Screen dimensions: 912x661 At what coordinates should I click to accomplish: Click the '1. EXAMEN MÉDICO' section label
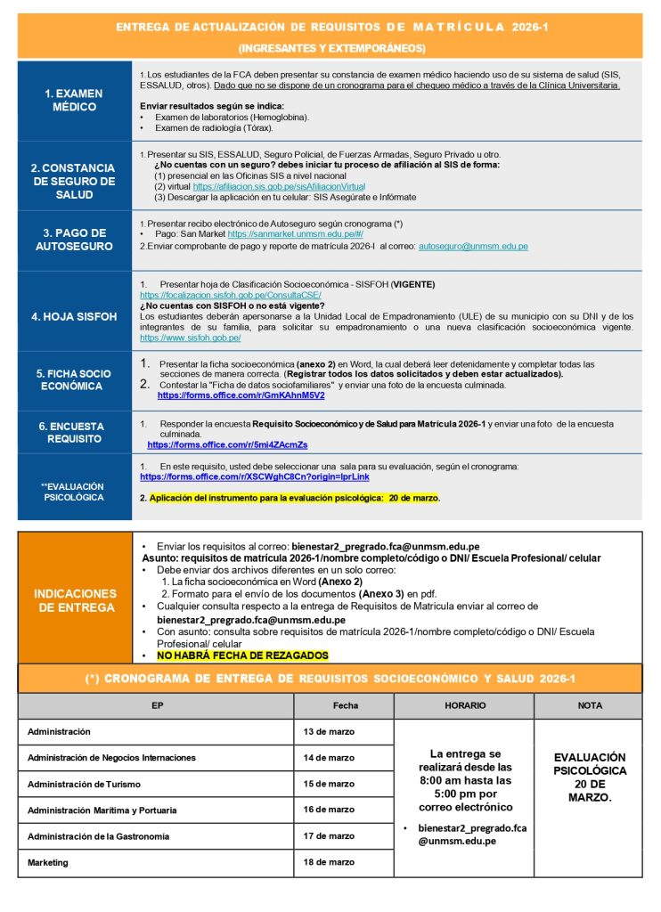point(74,100)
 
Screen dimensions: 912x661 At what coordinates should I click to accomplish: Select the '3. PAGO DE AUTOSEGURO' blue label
point(74,240)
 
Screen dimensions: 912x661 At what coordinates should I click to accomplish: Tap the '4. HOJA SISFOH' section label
point(74,315)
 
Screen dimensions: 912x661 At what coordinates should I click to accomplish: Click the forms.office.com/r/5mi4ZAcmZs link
point(227,444)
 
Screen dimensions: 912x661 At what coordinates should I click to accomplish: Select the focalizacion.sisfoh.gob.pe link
point(230,295)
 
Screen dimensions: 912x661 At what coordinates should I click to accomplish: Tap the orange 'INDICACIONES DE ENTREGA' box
point(75,599)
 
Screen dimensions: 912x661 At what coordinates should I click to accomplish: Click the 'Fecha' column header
point(345,705)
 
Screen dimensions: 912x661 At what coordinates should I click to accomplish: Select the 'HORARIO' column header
point(464,705)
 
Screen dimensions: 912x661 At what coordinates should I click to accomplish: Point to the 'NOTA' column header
point(590,705)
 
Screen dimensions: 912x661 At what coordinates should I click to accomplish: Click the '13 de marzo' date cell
point(329,732)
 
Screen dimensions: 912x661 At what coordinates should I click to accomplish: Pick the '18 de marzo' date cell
point(329,862)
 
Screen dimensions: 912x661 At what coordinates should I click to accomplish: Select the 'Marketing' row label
point(49,862)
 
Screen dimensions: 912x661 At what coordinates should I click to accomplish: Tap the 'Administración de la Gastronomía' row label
point(98,836)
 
